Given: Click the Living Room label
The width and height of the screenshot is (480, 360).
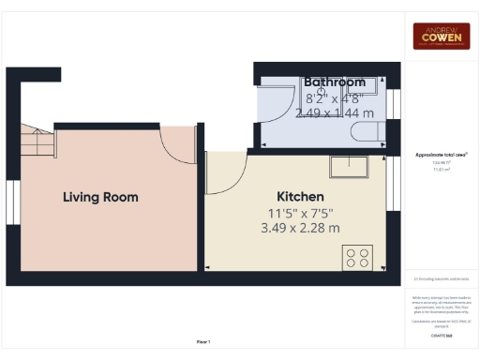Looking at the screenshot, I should (x=100, y=197).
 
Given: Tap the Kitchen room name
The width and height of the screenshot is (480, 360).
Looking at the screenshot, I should (x=300, y=197).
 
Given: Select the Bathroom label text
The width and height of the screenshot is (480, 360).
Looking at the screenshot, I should (x=334, y=82).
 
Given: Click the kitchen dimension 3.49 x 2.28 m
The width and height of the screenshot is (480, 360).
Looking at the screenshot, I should (x=300, y=228).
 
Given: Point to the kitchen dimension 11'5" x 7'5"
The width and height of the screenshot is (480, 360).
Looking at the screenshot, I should (x=300, y=213).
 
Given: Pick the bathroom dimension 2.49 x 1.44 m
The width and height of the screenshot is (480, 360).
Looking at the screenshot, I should (x=334, y=112).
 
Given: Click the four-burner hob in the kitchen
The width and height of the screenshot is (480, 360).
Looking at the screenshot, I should (x=356, y=256).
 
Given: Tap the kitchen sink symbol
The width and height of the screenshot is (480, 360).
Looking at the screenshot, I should (x=350, y=167).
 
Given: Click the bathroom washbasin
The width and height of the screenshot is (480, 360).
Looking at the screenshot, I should (x=367, y=85).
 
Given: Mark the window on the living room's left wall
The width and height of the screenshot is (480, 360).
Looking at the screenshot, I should (x=12, y=202).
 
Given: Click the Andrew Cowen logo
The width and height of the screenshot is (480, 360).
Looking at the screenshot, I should (x=441, y=37).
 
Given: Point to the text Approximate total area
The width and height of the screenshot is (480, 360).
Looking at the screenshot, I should (x=441, y=154).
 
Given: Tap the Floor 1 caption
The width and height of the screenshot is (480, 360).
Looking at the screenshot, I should (x=203, y=341).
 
